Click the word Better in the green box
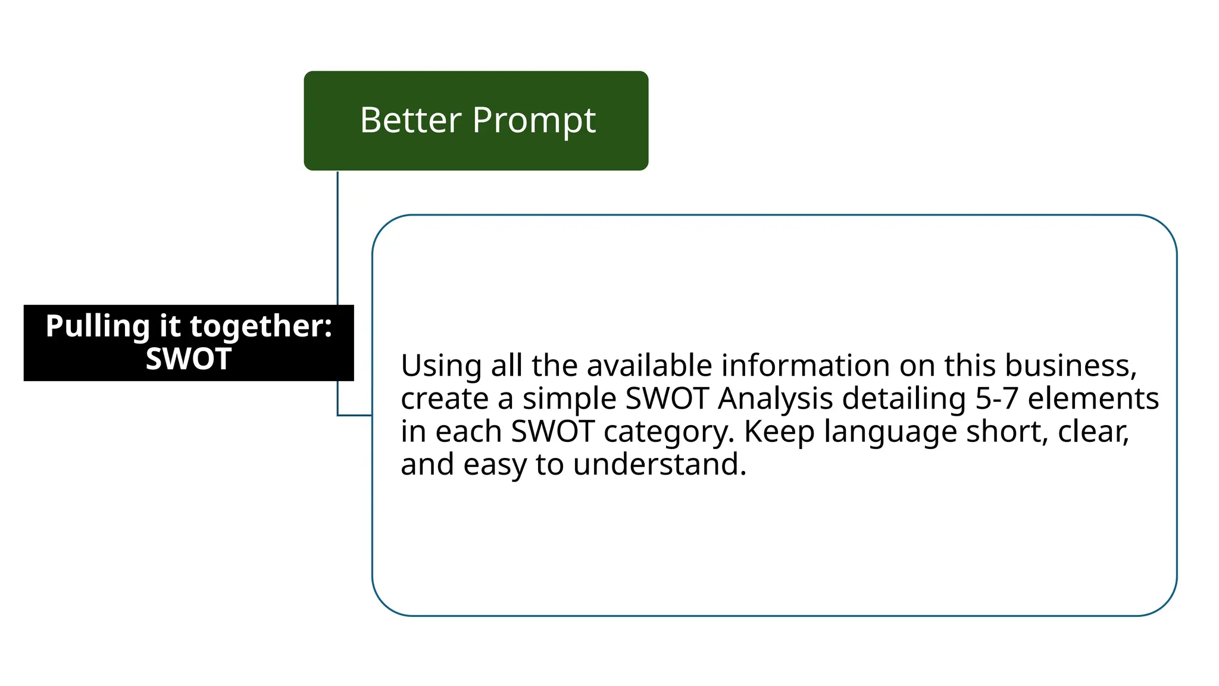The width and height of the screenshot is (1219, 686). click(411, 120)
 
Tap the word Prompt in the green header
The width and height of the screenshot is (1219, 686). click(534, 121)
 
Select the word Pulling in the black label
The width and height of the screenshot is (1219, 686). click(98, 326)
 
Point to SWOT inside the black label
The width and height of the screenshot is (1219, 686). click(189, 359)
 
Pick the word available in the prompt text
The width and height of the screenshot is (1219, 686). click(649, 366)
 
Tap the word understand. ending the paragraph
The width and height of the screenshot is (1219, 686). click(659, 464)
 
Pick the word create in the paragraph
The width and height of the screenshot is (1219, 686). click(444, 398)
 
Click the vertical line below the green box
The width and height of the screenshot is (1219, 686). click(337, 238)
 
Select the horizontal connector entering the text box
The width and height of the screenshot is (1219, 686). click(355, 415)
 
